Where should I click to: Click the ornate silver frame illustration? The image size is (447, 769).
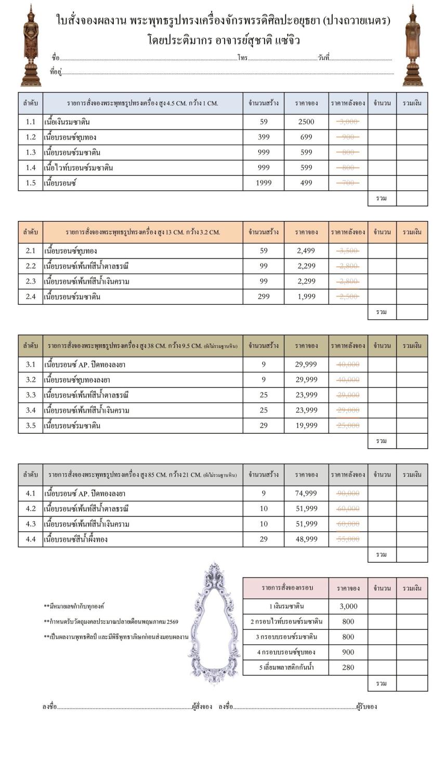point(213,624)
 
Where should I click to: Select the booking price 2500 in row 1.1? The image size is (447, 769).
point(306,122)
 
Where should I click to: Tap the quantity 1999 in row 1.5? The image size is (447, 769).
point(264,183)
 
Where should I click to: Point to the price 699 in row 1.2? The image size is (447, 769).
point(306,137)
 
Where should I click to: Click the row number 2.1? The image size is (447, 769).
point(31,251)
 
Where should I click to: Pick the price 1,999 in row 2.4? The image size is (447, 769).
point(306,297)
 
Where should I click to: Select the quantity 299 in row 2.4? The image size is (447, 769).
point(264,297)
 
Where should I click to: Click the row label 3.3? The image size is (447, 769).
point(31,395)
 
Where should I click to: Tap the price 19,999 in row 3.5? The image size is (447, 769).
point(306,426)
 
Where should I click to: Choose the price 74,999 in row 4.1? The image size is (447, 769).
point(306,493)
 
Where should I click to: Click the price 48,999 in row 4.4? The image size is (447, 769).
point(306,539)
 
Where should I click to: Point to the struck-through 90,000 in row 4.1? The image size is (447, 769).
point(348,493)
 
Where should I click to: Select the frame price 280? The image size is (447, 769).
point(348,668)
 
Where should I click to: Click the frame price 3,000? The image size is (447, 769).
point(348,606)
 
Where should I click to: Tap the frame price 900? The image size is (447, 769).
point(348,652)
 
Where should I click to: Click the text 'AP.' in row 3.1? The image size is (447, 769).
point(85,364)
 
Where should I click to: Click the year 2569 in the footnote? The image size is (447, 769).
point(171,622)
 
